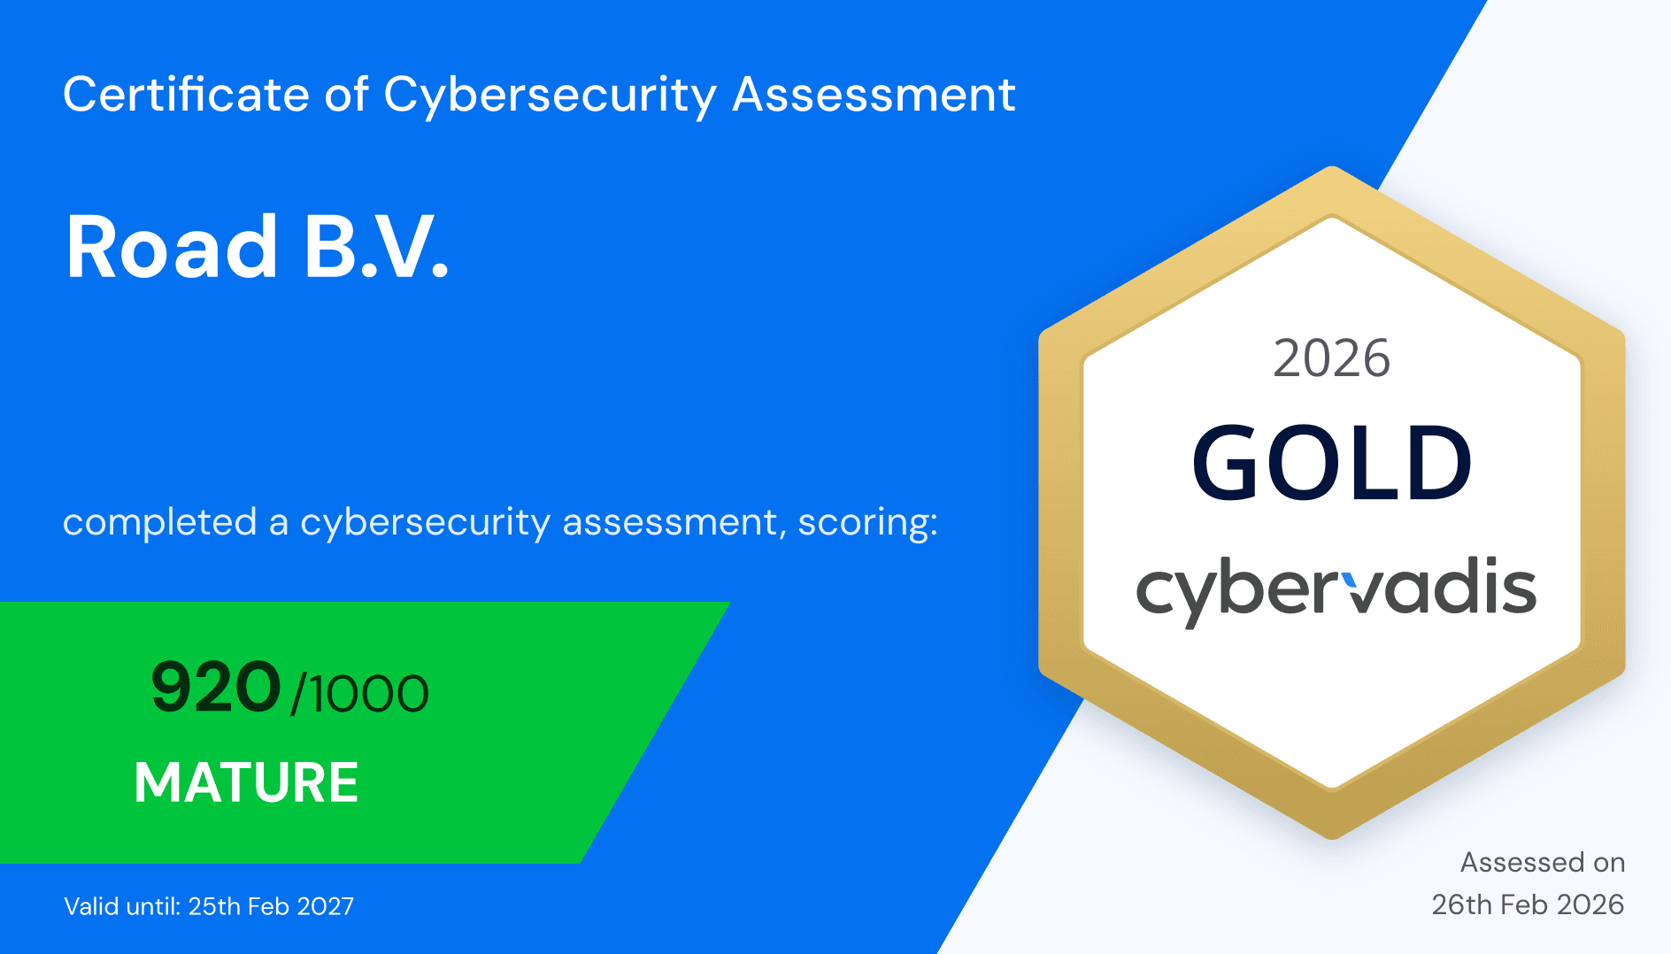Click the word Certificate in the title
(x=186, y=95)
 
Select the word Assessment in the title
(x=874, y=95)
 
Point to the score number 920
(x=216, y=688)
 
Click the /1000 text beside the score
(x=360, y=693)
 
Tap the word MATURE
(x=246, y=782)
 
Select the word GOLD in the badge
(x=1331, y=463)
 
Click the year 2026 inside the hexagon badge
(x=1331, y=358)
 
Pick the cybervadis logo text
(x=1336, y=590)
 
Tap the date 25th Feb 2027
(x=271, y=906)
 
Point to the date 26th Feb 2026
(x=1528, y=904)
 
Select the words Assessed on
(x=1543, y=862)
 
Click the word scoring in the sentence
(x=867, y=523)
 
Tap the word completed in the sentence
(x=159, y=523)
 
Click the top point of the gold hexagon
(x=1332, y=167)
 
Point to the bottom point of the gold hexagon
(x=1332, y=837)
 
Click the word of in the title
(x=346, y=95)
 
